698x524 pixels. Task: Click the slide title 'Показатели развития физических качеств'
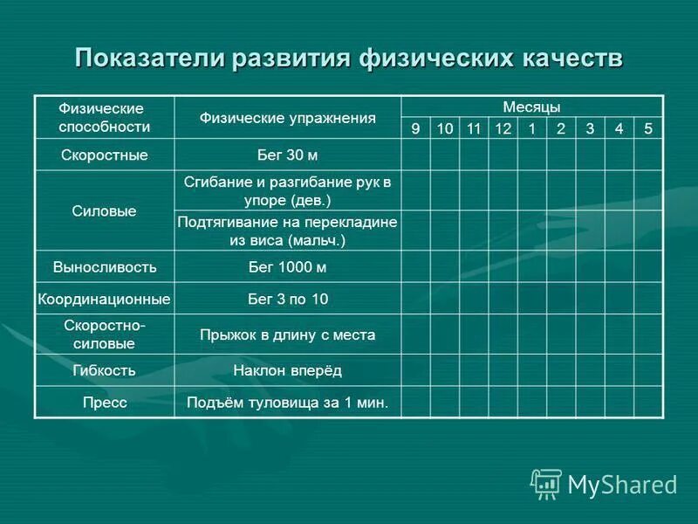(x=349, y=59)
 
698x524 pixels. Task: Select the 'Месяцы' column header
(x=531, y=107)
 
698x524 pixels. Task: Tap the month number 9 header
(x=415, y=128)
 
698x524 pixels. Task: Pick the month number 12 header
(x=503, y=128)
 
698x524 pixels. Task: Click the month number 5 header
(x=647, y=128)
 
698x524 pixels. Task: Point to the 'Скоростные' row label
(x=104, y=155)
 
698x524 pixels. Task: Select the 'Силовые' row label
(x=104, y=210)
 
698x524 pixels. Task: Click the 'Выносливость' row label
(x=104, y=266)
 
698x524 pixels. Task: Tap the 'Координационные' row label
(x=104, y=299)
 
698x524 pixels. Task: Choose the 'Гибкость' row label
(x=104, y=370)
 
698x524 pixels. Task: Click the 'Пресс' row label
(x=104, y=403)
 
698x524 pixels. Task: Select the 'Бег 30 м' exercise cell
(x=287, y=155)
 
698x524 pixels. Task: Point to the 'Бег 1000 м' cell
(x=287, y=266)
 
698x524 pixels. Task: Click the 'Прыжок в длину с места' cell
(x=287, y=334)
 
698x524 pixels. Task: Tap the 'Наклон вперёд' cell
(x=287, y=370)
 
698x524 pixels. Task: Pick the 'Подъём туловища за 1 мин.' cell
(x=287, y=403)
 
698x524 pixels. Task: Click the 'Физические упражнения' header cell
(x=287, y=117)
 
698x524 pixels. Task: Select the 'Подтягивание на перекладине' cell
(x=287, y=231)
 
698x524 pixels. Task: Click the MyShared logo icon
(x=546, y=484)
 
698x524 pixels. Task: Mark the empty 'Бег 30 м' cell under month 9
(x=415, y=155)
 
